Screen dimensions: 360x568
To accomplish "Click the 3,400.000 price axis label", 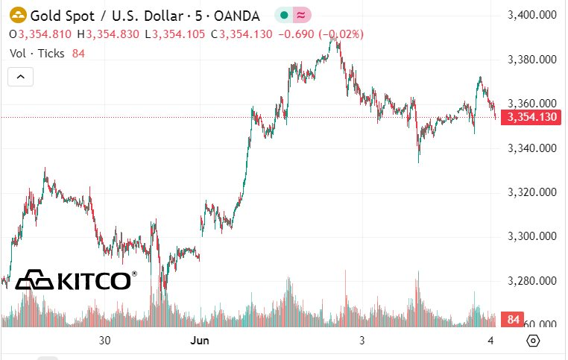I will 531,15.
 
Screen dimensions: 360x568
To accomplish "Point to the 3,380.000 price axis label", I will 531,60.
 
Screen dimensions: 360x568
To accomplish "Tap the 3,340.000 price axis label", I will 531,148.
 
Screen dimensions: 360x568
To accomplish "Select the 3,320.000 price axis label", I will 531,192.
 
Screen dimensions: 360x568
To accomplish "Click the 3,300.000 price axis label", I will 531,237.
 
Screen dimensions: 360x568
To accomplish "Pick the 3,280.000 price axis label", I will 531,281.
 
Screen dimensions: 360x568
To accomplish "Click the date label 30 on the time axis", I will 104,341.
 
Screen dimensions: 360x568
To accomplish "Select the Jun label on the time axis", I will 198,341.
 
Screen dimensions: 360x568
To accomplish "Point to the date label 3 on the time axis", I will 362,341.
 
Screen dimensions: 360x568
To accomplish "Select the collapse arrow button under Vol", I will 21,76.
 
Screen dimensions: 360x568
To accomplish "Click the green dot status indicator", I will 284,15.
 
